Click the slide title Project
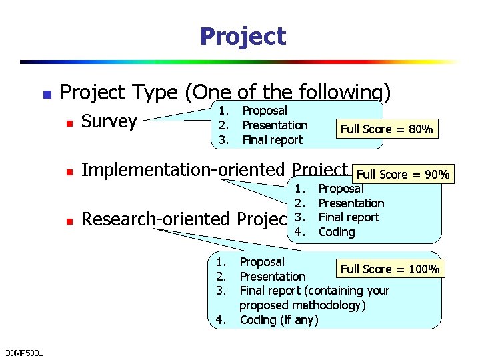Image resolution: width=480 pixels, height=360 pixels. pyautogui.click(x=243, y=36)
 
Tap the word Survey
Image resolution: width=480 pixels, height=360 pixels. pyautogui.click(x=109, y=121)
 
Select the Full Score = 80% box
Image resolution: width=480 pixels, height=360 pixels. pyautogui.click(x=387, y=129)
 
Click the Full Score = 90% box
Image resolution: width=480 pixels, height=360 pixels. pyautogui.click(x=403, y=175)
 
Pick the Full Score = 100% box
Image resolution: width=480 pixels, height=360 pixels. pyautogui.click(x=390, y=269)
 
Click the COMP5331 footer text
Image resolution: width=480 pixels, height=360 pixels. pyautogui.click(x=23, y=353)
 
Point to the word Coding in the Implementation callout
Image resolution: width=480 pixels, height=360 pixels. pyautogui.click(x=337, y=232)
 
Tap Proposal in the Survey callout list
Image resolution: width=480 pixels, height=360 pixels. pyautogui.click(x=265, y=111)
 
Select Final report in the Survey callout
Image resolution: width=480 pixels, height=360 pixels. pyautogui.click(x=272, y=140)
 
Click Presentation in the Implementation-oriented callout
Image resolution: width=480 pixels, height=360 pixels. pyautogui.click(x=351, y=203)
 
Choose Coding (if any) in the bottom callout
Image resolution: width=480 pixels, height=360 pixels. pyautogui.click(x=279, y=320)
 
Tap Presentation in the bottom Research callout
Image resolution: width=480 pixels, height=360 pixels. pyautogui.click(x=272, y=277)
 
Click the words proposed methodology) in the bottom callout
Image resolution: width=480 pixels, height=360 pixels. pyautogui.click(x=302, y=305)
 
